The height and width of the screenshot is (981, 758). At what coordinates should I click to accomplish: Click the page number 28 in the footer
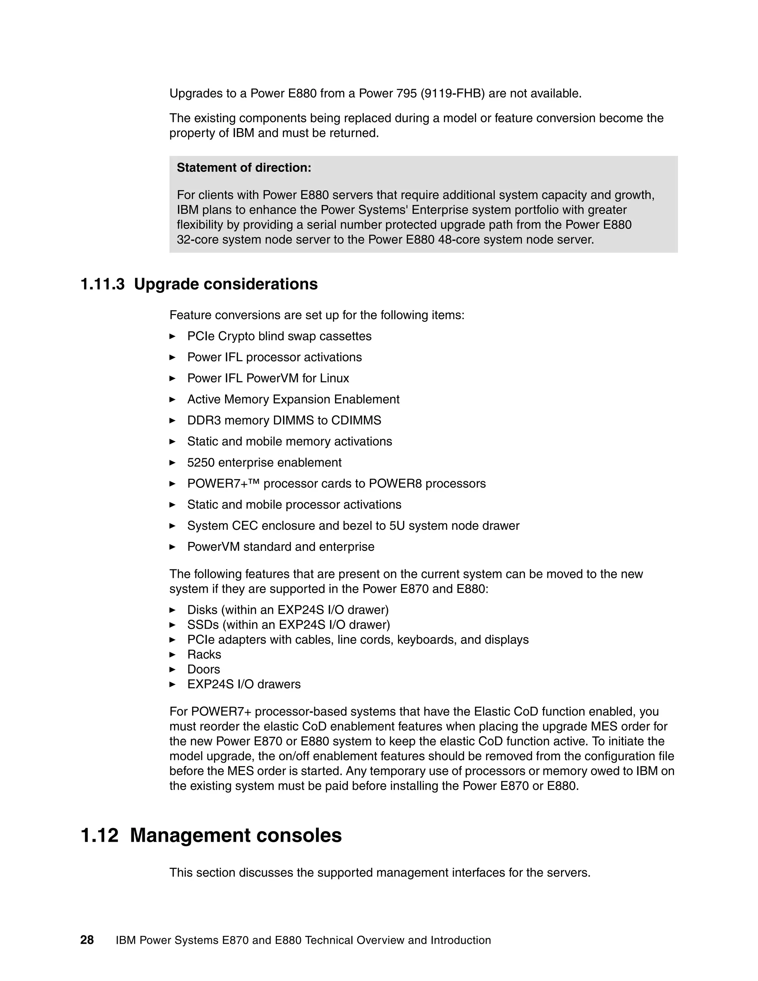(x=87, y=940)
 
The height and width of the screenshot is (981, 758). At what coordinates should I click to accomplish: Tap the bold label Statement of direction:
(x=244, y=168)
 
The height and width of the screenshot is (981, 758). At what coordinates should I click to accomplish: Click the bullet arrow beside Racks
(x=172, y=654)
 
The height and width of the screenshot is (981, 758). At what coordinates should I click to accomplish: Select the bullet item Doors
(x=204, y=669)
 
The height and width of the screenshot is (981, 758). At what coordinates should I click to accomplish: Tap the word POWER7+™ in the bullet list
(x=223, y=483)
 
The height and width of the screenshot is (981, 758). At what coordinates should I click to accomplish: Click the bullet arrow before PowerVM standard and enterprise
(x=172, y=547)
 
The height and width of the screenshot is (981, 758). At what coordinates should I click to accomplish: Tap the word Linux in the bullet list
(x=334, y=378)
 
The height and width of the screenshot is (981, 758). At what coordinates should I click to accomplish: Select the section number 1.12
(x=99, y=836)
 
